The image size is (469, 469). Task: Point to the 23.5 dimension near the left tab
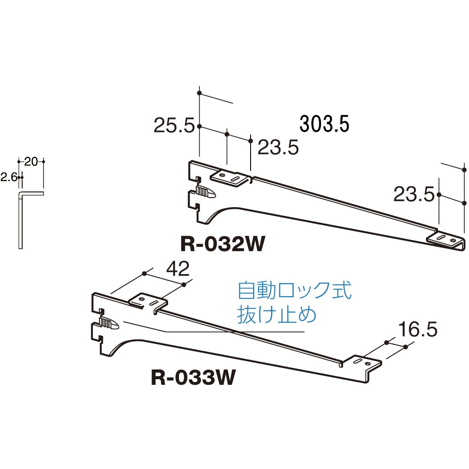pyautogui.click(x=278, y=148)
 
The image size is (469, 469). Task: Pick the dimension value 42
pyautogui.click(x=178, y=269)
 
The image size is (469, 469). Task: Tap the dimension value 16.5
pyautogui.click(x=417, y=330)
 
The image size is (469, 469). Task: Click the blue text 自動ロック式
pyautogui.click(x=294, y=291)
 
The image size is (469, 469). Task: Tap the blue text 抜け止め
pyautogui.click(x=277, y=314)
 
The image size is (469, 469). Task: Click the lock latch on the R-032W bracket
pyautogui.click(x=206, y=192)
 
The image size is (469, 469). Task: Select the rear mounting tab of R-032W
pyautogui.click(x=231, y=178)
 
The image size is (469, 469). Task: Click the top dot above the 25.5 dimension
pyautogui.click(x=199, y=93)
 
